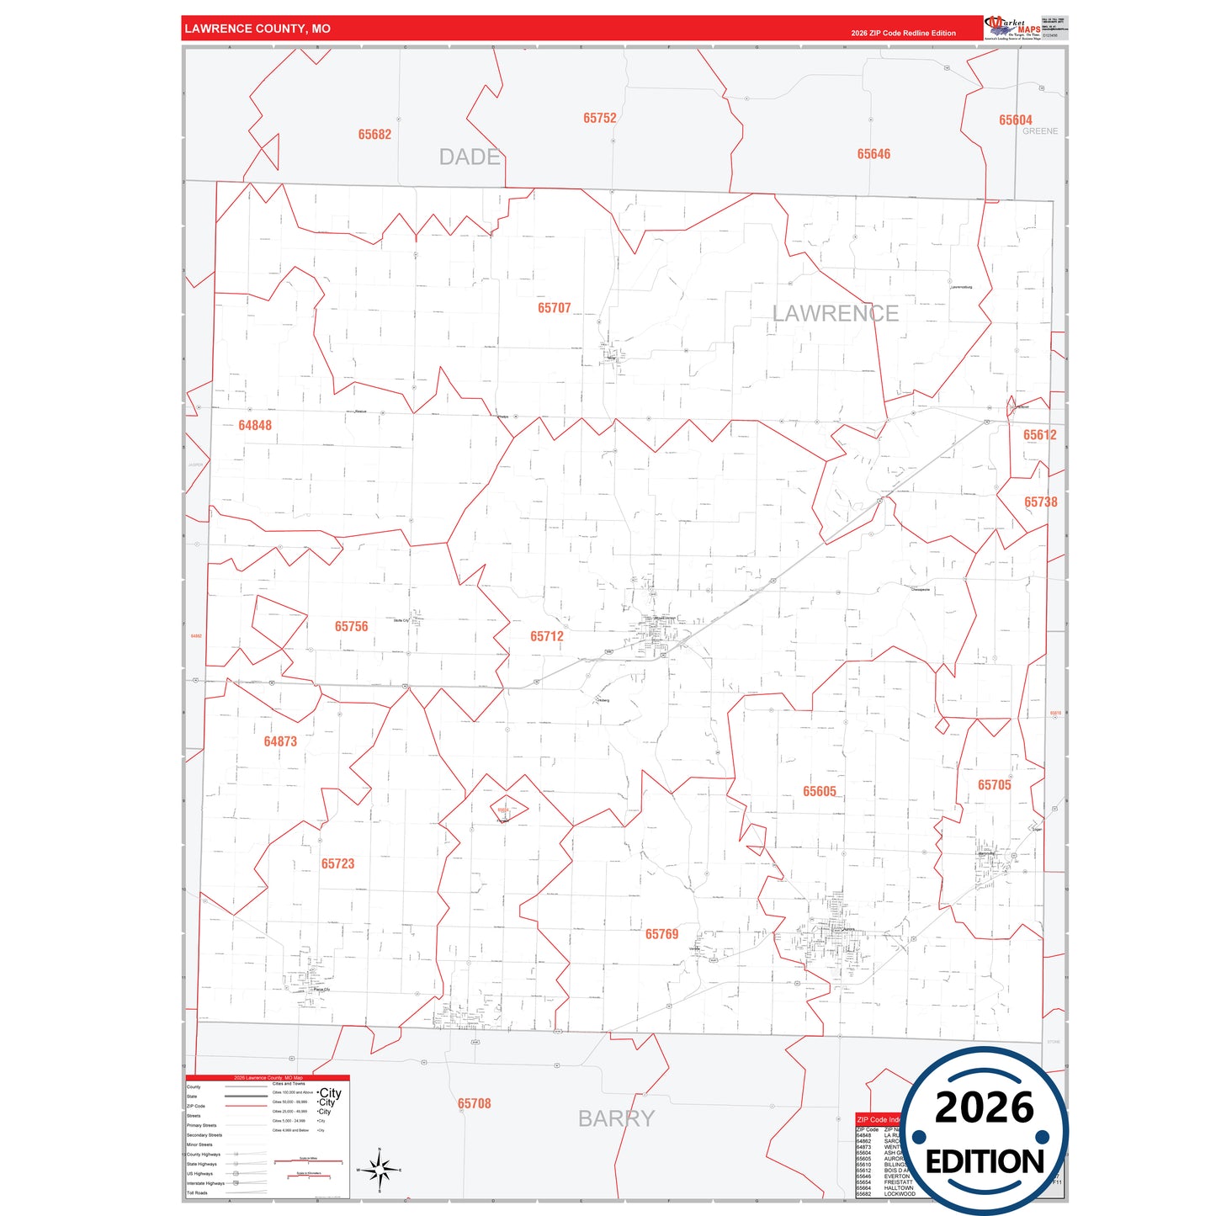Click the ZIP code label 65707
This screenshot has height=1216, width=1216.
[x=554, y=308]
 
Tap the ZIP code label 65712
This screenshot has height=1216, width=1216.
[x=546, y=636]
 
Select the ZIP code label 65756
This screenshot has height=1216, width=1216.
[x=351, y=626]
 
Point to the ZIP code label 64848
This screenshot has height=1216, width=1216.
[x=255, y=425]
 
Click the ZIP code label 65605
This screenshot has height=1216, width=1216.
[x=819, y=791]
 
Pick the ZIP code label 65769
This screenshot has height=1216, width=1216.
[x=661, y=934]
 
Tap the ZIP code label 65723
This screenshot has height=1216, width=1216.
[x=337, y=863]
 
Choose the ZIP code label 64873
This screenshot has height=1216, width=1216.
[x=280, y=741]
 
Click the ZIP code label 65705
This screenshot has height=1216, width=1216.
[x=994, y=785]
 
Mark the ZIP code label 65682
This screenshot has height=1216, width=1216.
[x=374, y=135]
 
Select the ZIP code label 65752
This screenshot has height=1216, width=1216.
[x=599, y=119]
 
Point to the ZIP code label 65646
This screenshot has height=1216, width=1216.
[x=874, y=154]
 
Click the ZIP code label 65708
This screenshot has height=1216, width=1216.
[x=474, y=1103]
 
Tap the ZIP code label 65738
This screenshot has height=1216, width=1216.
[x=1040, y=502]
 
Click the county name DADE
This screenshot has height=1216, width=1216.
[x=470, y=157]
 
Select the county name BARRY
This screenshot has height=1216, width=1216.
[x=616, y=1118]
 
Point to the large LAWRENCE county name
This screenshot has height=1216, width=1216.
[x=835, y=313]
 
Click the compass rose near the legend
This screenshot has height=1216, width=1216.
[x=380, y=1170]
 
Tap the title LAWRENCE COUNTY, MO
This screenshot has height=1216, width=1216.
[x=258, y=29]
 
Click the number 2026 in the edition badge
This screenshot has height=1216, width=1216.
[x=984, y=1107]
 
